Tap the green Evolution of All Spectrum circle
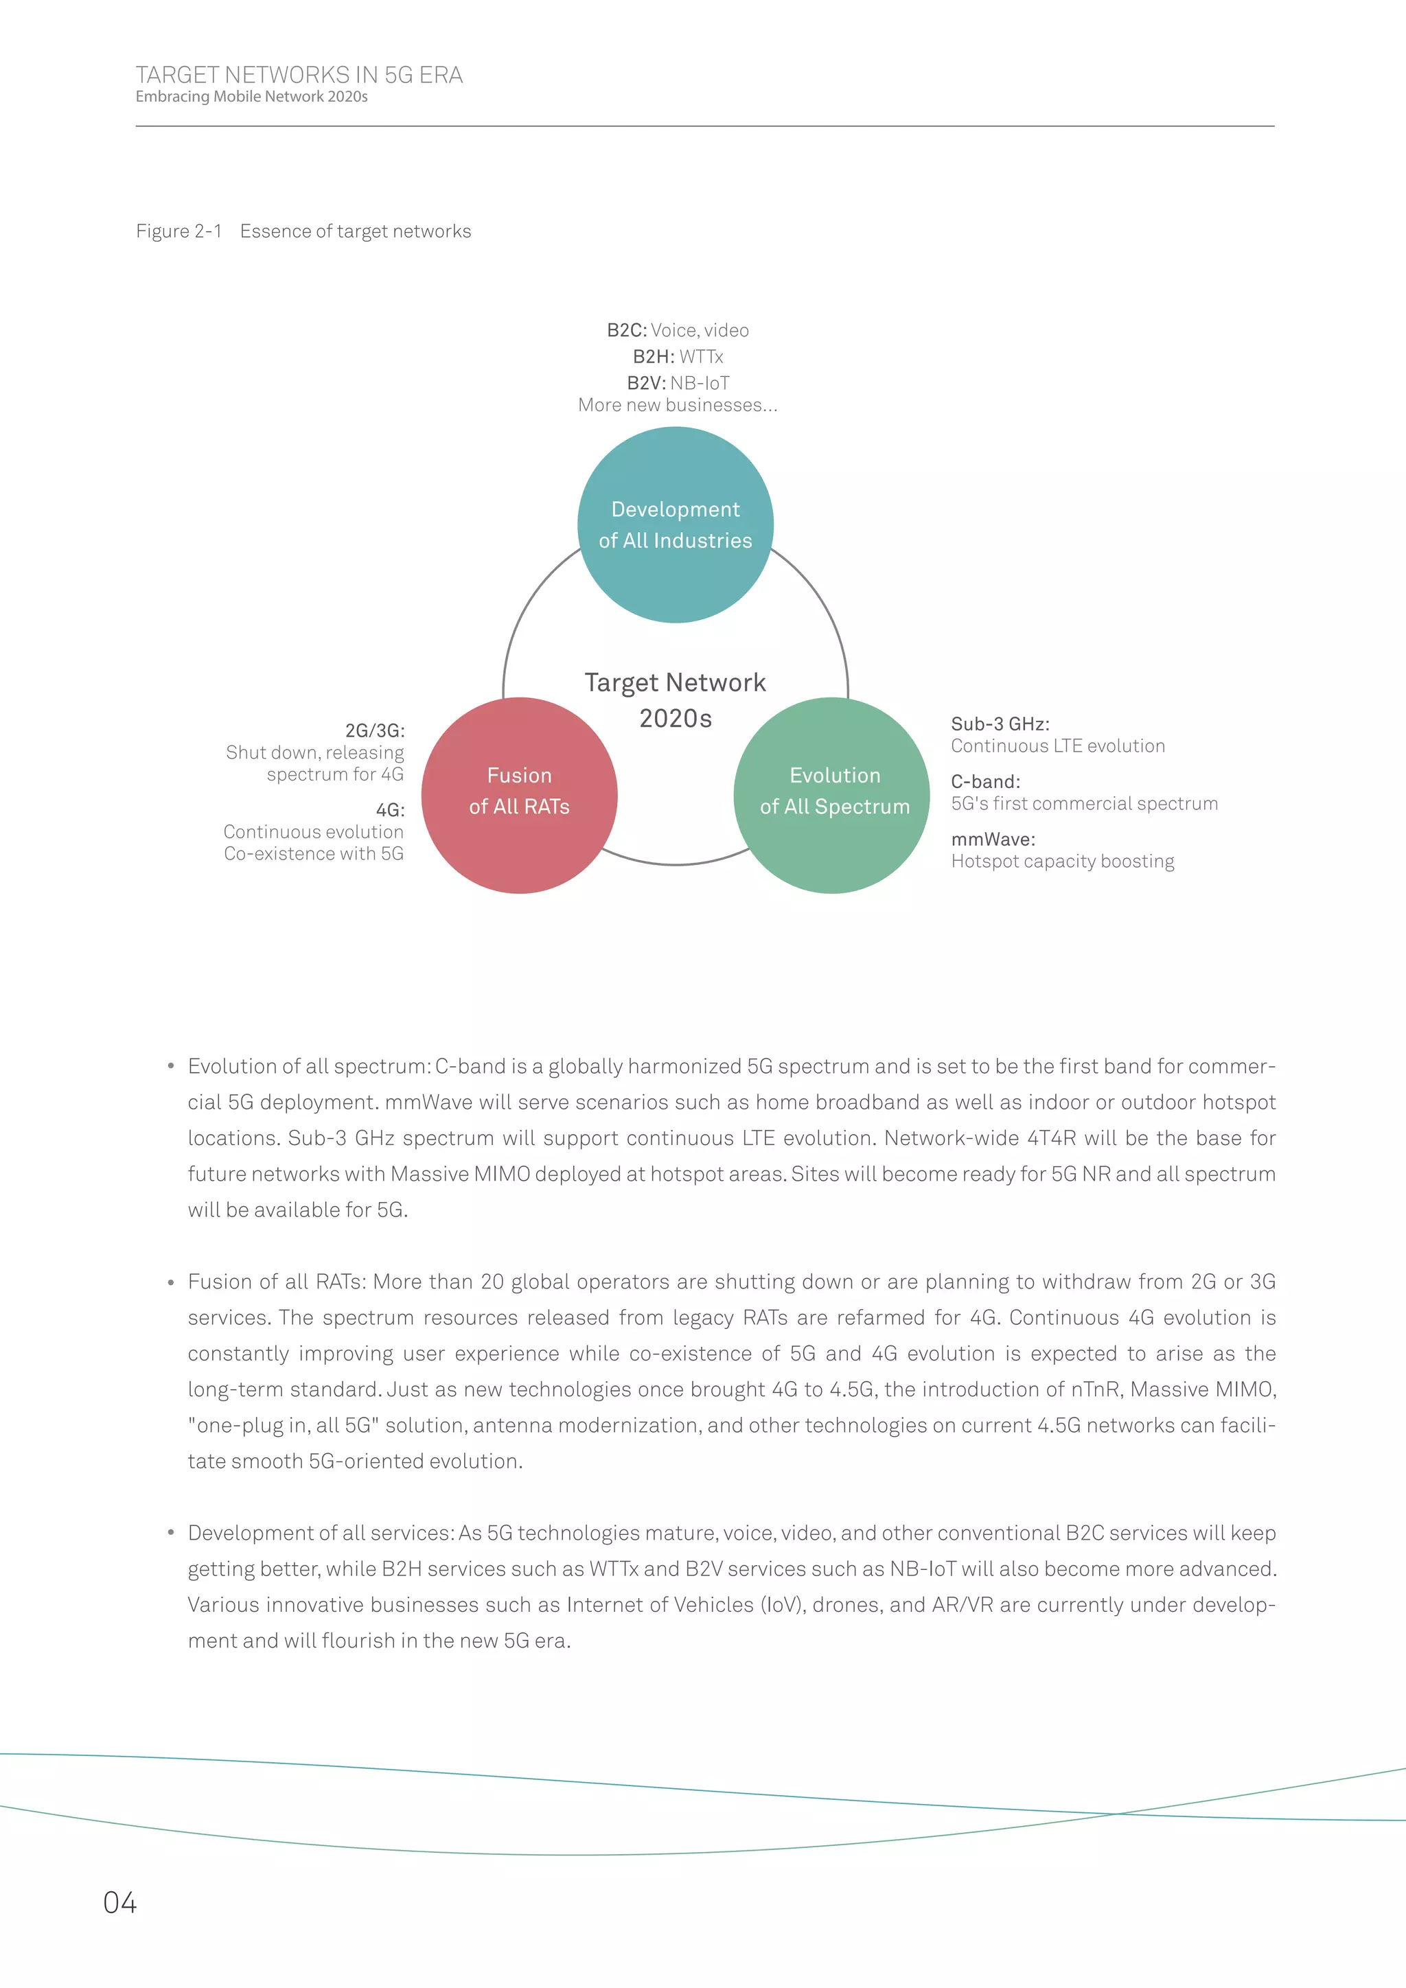(x=831, y=795)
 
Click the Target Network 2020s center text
(x=676, y=700)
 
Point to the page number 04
(x=119, y=1902)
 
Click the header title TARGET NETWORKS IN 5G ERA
(x=299, y=76)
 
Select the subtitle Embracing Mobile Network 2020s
(x=251, y=97)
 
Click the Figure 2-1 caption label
(x=179, y=231)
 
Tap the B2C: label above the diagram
(x=627, y=330)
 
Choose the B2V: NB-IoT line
(x=677, y=383)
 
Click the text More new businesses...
(x=677, y=405)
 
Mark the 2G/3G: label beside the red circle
(x=375, y=731)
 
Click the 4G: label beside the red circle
(x=389, y=809)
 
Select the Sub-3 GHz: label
(x=1000, y=724)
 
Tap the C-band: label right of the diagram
(x=985, y=781)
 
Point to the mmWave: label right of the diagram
(x=993, y=839)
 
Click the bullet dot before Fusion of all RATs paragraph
(x=170, y=1282)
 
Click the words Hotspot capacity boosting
(x=1062, y=862)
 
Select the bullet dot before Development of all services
(x=170, y=1534)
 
